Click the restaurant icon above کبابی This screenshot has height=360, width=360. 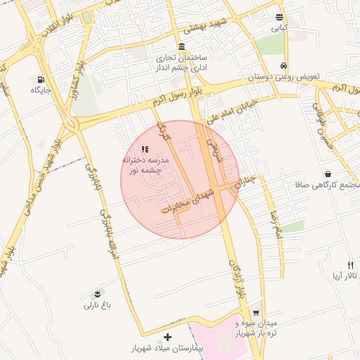(280, 18)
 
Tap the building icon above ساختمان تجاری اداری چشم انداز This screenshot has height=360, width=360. (182, 46)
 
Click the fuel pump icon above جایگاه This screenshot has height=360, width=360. (41, 79)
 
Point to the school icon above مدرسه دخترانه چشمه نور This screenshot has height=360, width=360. (145, 149)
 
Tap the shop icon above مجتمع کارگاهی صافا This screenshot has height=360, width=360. (328, 174)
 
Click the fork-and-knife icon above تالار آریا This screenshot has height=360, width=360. (351, 265)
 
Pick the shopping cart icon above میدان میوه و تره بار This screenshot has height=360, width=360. (256, 312)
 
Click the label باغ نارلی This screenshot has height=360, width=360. (98, 305)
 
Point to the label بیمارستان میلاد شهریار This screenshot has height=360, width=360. (167, 349)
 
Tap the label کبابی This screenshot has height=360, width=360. (280, 29)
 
